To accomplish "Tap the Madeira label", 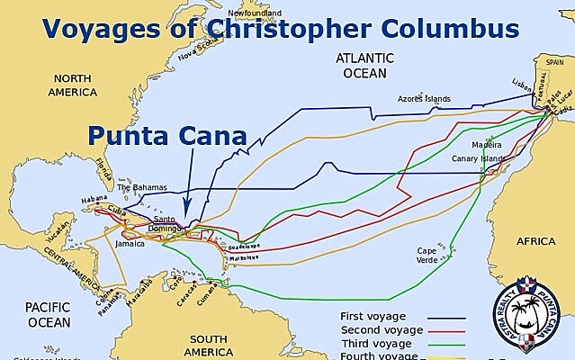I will coord(485,144).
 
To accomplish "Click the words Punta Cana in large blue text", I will coord(166,137).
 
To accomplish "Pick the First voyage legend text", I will coord(373,317).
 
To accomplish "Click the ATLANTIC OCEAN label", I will coord(361,65).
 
